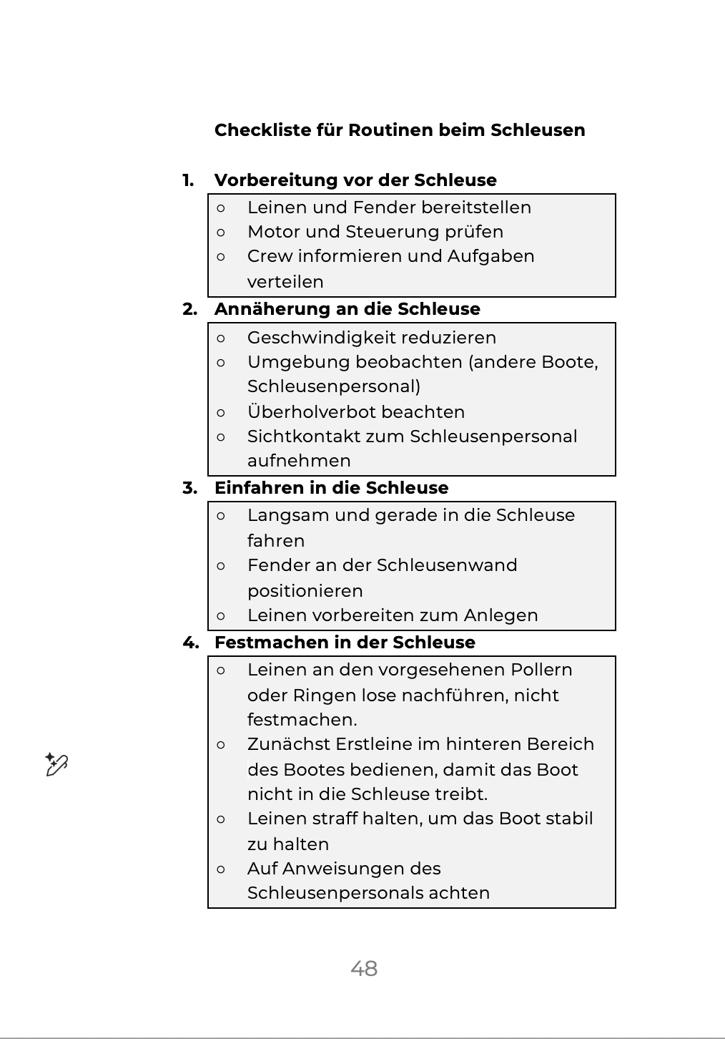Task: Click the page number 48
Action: point(364,968)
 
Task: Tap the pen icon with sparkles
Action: point(56,764)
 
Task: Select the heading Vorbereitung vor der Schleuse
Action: point(355,180)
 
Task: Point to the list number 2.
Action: point(189,309)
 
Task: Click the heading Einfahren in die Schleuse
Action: point(331,488)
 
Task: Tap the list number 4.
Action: point(190,643)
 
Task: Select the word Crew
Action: point(270,256)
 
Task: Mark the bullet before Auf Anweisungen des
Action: point(221,869)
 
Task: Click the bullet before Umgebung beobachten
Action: point(221,362)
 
